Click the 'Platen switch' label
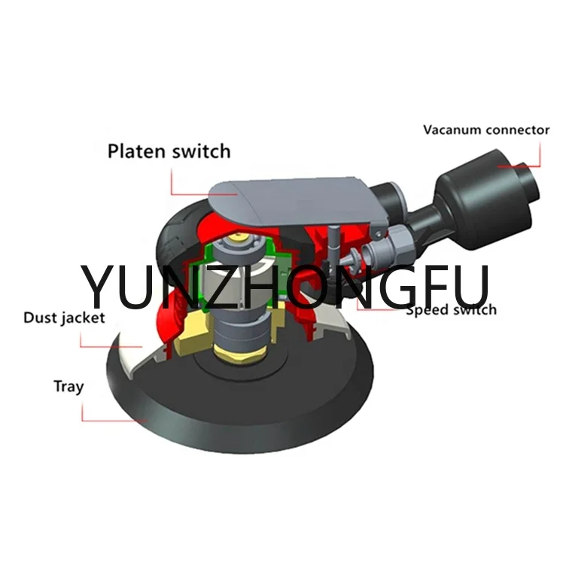tap(169, 151)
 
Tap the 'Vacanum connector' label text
tap(485, 129)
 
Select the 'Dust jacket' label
tap(64, 318)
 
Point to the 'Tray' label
tap(68, 387)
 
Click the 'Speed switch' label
tap(451, 309)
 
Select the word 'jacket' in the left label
tap(84, 318)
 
